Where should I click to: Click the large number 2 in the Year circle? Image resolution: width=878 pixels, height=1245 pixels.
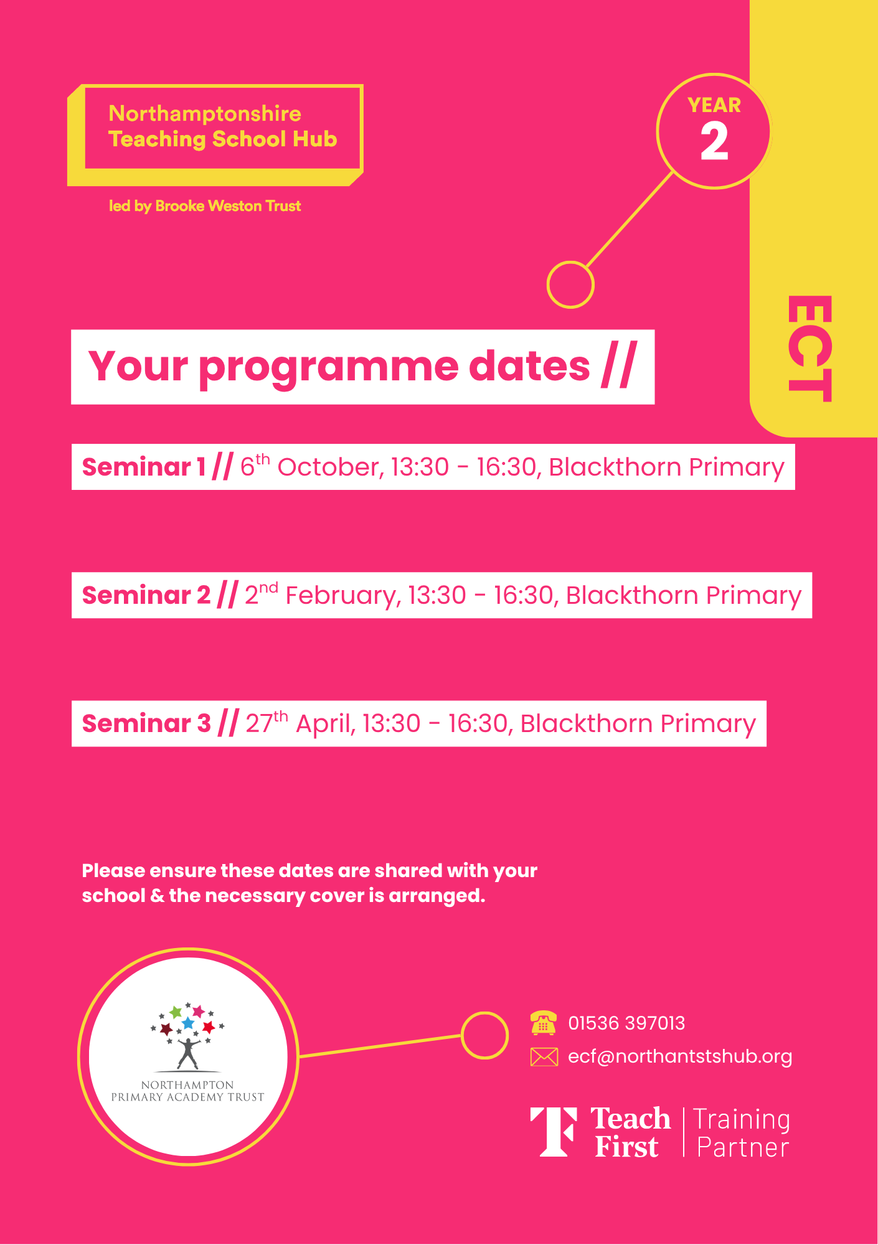(714, 141)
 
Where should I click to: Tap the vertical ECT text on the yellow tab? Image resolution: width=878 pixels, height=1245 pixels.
(810, 349)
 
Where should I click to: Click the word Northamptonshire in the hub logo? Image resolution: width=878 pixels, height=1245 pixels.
(205, 113)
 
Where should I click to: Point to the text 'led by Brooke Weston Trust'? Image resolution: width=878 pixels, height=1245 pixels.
(205, 206)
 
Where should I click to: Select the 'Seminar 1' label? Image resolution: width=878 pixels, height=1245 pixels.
(144, 467)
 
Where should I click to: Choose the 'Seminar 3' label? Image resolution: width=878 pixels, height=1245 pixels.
(146, 724)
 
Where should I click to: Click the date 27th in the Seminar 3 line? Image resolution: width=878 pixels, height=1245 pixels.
(267, 722)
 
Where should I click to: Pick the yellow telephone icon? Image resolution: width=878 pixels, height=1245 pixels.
(544, 1023)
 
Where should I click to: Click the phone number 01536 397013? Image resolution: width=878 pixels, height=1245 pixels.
(626, 1023)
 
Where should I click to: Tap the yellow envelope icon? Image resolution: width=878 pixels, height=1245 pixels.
(544, 1057)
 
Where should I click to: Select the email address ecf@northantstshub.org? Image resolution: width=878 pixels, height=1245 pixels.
(680, 1057)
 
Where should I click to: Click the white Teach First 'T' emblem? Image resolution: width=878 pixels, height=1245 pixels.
(554, 1132)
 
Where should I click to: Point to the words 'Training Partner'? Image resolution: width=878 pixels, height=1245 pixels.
(742, 1134)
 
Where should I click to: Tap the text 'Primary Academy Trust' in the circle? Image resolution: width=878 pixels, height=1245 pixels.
(187, 1097)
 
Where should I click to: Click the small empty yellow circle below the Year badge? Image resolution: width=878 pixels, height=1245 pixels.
(570, 285)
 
